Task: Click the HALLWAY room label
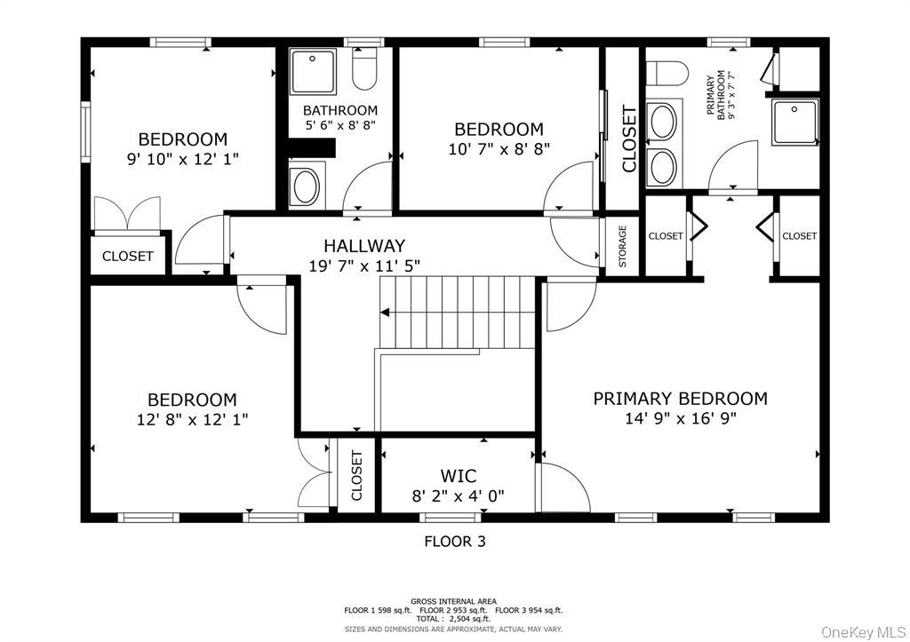click(x=363, y=246)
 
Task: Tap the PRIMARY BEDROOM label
click(x=680, y=399)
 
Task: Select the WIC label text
click(x=458, y=476)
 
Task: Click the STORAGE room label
click(x=622, y=246)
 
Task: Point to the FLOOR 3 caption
click(x=455, y=541)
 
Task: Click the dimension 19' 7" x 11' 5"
click(x=364, y=266)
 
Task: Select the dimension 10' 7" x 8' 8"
click(x=499, y=149)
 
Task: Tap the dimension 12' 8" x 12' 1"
click(x=192, y=419)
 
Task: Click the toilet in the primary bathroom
click(x=667, y=73)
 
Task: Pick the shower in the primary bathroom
click(x=794, y=122)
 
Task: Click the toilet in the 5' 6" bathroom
click(x=364, y=67)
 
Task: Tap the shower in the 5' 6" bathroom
click(x=314, y=72)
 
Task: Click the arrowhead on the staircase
click(x=385, y=313)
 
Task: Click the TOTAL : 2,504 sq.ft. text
click(x=454, y=619)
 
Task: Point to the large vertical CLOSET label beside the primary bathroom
click(x=629, y=139)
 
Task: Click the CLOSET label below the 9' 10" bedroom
click(x=128, y=256)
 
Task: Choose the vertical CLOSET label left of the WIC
click(x=356, y=476)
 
